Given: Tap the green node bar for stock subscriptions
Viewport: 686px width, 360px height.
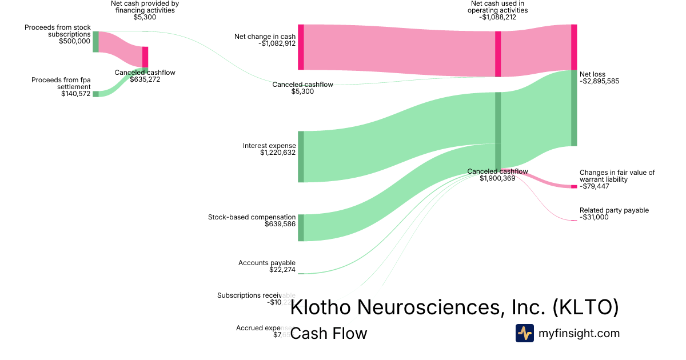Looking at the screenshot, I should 95,42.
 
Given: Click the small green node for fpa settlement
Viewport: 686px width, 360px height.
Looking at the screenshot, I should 95,94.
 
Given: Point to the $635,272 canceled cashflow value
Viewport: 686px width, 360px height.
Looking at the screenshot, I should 145,79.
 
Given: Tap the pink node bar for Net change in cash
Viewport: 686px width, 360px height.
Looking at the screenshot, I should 301,47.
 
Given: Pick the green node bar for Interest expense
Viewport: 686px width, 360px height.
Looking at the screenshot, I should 301,157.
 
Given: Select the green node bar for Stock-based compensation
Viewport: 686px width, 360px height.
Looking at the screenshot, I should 301,227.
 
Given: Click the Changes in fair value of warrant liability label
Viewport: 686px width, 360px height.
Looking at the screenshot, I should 617,175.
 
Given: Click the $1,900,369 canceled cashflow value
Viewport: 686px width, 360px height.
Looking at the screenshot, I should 497,178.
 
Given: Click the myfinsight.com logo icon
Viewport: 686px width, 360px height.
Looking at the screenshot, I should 524,333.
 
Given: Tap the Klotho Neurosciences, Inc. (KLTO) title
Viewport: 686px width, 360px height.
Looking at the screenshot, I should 454,307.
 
